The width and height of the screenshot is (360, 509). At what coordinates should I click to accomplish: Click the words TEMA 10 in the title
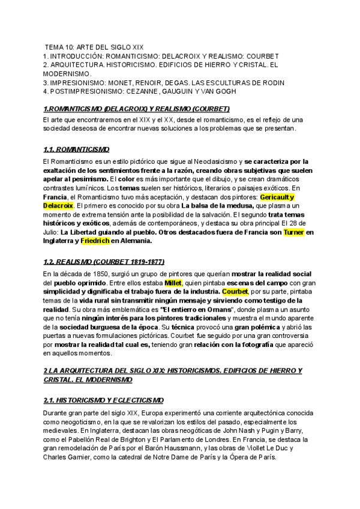coord(61,47)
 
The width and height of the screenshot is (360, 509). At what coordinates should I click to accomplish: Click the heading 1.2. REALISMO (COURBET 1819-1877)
coord(104,262)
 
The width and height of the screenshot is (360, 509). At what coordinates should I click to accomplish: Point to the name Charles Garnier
coord(69,457)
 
